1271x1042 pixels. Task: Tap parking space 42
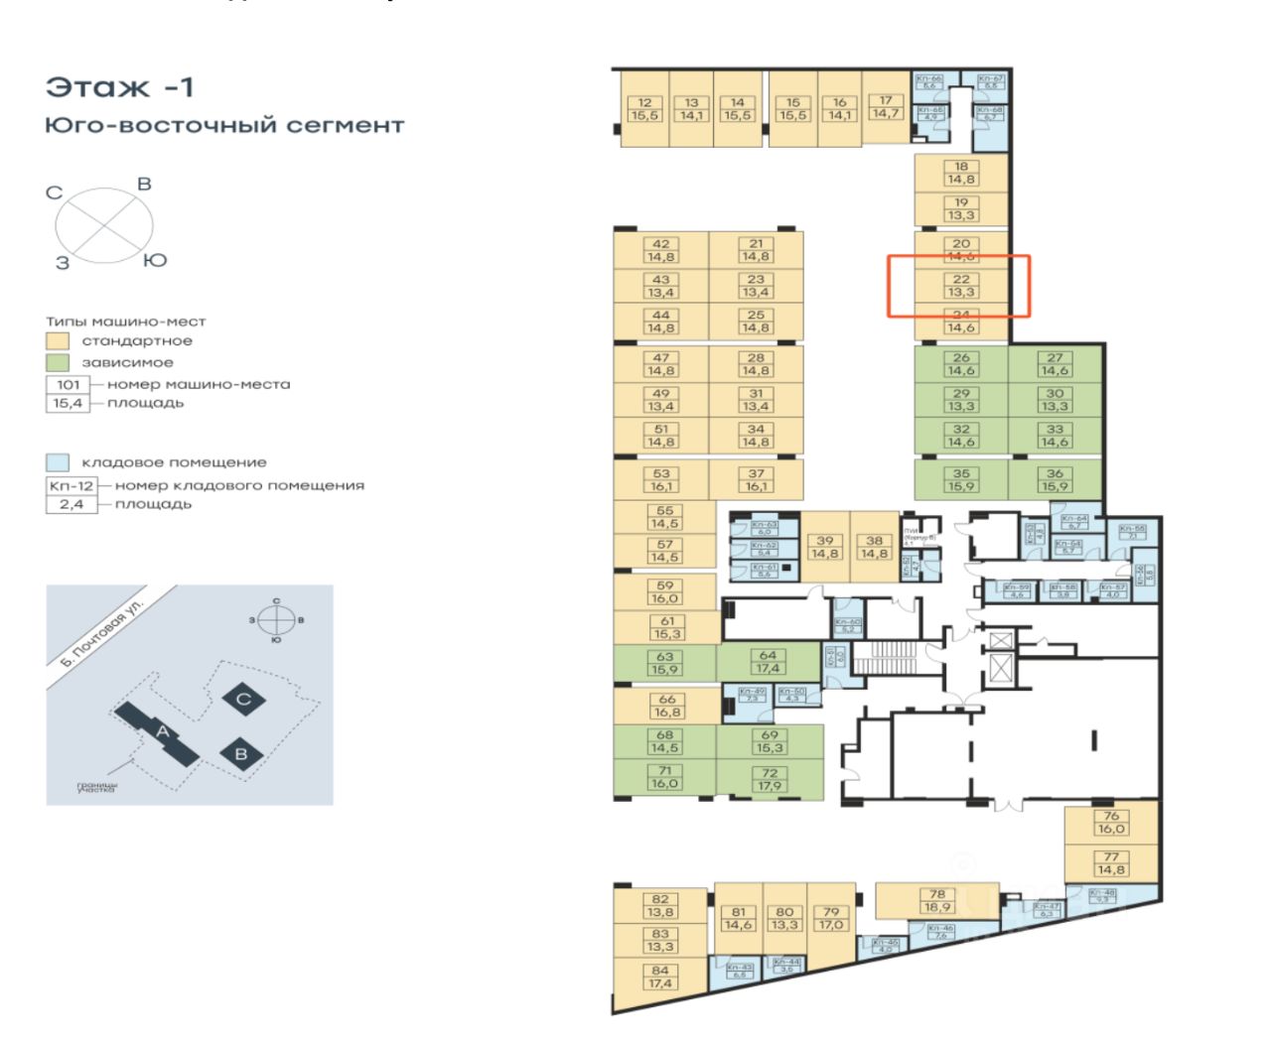pyautogui.click(x=661, y=250)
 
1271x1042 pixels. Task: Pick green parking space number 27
pyautogui.click(x=1055, y=364)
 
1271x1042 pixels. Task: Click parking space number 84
pyautogui.click(x=660, y=977)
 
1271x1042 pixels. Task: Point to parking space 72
pyautogui.click(x=770, y=780)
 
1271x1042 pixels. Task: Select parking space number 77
pyautogui.click(x=1111, y=863)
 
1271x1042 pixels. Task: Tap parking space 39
pyautogui.click(x=825, y=548)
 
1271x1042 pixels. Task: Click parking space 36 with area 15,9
pyautogui.click(x=1055, y=480)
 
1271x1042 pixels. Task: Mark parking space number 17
pyautogui.click(x=885, y=107)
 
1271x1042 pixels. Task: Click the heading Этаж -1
pyautogui.click(x=120, y=87)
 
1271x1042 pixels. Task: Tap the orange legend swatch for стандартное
pyautogui.click(x=58, y=341)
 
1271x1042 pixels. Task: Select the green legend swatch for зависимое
pyautogui.click(x=58, y=363)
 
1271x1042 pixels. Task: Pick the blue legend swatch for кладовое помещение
pyautogui.click(x=58, y=462)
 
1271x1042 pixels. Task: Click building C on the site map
pyautogui.click(x=243, y=699)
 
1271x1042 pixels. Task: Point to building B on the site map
pyautogui.click(x=240, y=752)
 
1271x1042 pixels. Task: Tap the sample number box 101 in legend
pyautogui.click(x=68, y=384)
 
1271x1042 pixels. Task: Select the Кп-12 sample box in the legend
pyautogui.click(x=68, y=485)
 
